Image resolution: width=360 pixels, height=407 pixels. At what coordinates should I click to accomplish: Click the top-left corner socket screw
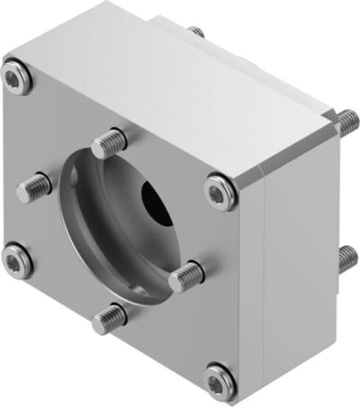tap(16, 78)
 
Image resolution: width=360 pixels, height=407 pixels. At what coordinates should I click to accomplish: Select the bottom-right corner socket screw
tap(219, 379)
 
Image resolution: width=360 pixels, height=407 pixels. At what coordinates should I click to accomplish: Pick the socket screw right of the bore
tap(220, 191)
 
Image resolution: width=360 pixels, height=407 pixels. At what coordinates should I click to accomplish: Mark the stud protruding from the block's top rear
tap(196, 32)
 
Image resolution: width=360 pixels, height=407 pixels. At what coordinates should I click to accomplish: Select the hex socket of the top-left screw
tap(15, 78)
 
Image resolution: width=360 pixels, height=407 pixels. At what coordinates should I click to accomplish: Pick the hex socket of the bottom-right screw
tap(219, 379)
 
